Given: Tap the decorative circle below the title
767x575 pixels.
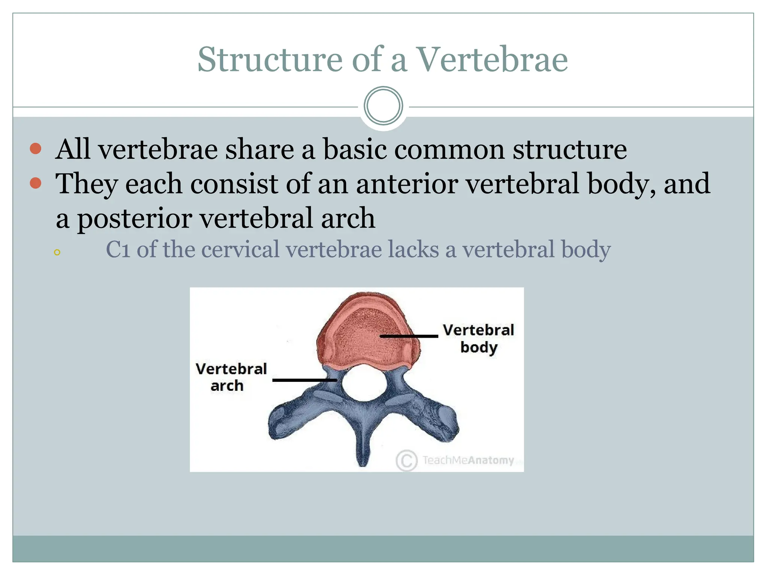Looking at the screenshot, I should click(383, 106).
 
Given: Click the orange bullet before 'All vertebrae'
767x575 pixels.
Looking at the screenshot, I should click(36, 149).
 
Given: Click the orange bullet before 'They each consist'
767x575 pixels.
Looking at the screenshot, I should click(36, 183).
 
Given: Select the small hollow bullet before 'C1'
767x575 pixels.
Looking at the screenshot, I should click(57, 252).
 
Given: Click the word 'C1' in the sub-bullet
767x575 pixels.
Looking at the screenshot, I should click(118, 250).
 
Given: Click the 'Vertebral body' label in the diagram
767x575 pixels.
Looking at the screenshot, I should click(478, 338).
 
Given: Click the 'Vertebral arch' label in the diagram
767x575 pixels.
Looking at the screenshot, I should click(231, 377).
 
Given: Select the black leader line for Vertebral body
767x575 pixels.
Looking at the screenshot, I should click(409, 336).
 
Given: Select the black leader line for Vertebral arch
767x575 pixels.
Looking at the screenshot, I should click(304, 380).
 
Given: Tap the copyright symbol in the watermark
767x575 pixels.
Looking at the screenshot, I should click(406, 460).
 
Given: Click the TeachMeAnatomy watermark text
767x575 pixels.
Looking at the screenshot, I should click(468, 460).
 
